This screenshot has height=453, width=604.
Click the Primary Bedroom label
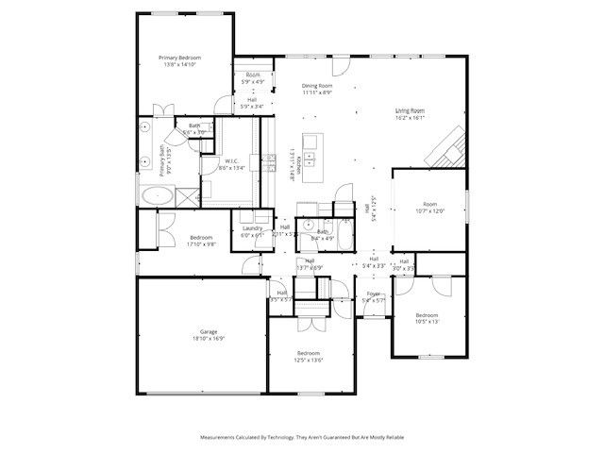[x=183, y=58]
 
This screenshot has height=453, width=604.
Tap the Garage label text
[x=209, y=332]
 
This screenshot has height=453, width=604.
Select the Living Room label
[x=410, y=111]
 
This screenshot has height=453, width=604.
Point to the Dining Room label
[x=316, y=86]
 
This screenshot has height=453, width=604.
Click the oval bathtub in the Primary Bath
[x=157, y=196]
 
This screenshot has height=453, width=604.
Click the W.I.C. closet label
[x=231, y=160]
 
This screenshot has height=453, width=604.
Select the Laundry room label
[x=252, y=228]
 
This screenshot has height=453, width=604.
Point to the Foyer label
[x=374, y=294]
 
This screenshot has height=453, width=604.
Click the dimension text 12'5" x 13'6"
[x=310, y=360]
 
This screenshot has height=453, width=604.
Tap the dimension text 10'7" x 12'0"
[x=429, y=210]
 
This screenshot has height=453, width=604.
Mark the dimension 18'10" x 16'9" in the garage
[x=210, y=340]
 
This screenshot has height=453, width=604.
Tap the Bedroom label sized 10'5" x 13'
[x=428, y=314]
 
